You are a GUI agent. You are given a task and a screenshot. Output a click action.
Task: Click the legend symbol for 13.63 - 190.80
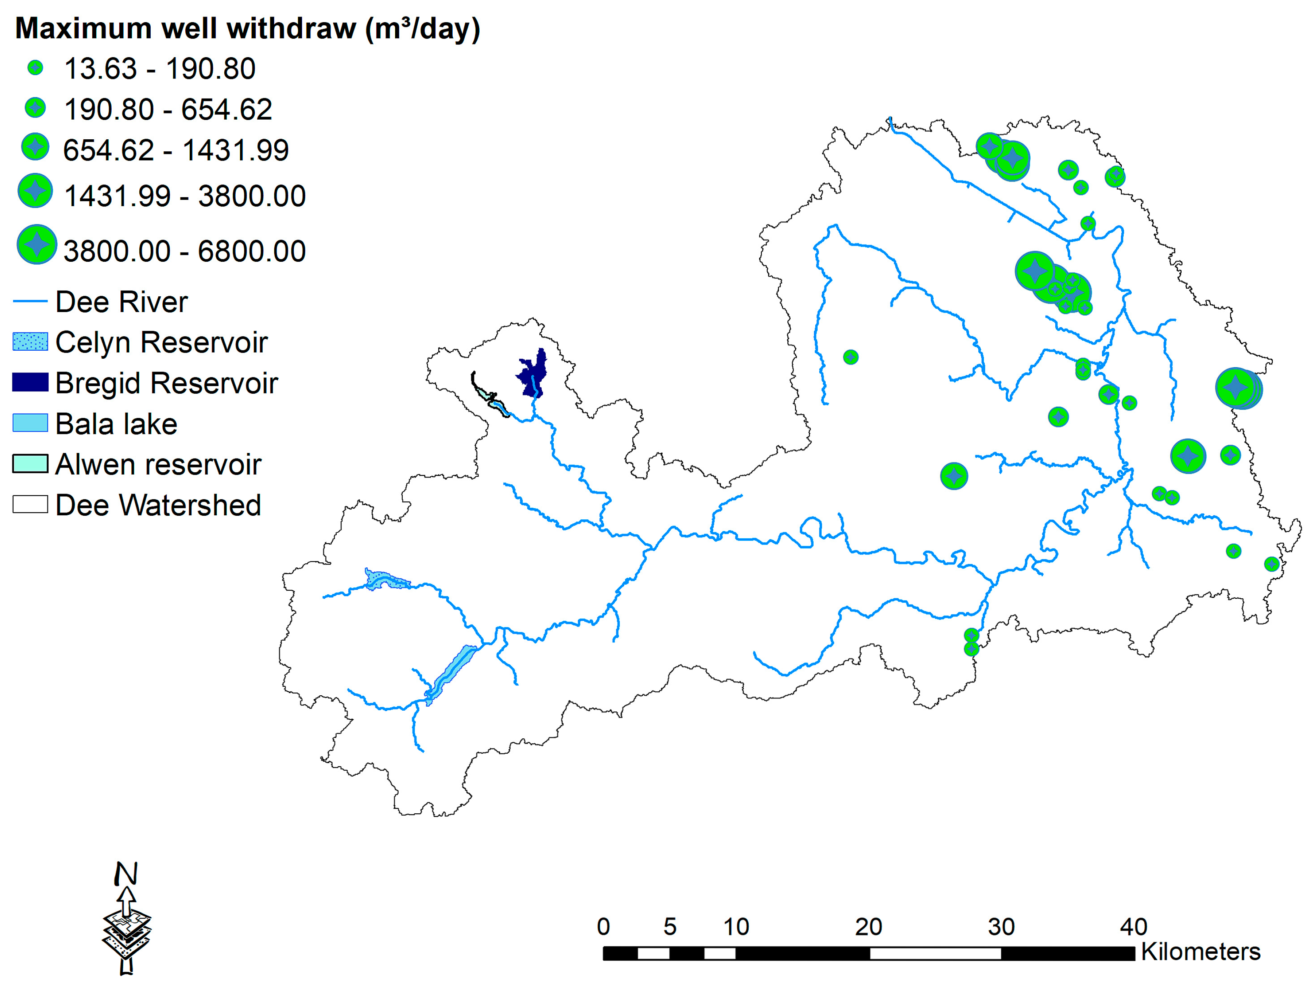click(35, 68)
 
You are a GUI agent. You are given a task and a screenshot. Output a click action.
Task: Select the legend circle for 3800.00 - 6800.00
click(37, 244)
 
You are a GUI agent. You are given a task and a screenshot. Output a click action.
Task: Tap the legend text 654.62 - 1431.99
click(176, 150)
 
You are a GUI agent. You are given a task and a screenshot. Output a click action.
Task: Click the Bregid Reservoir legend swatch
click(30, 383)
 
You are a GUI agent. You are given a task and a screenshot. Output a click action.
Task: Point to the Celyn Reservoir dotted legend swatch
click(30, 342)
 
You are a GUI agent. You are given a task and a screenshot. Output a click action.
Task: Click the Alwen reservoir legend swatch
click(30, 464)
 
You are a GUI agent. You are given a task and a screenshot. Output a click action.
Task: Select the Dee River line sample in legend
click(30, 302)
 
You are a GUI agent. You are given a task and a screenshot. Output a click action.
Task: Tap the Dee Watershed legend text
click(157, 505)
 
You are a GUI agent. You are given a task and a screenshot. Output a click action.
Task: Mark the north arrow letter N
click(126, 873)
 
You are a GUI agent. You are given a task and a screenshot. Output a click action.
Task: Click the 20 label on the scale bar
click(868, 926)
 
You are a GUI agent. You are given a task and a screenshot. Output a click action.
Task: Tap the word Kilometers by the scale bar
click(1200, 951)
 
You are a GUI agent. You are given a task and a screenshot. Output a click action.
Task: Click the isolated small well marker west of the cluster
click(851, 357)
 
